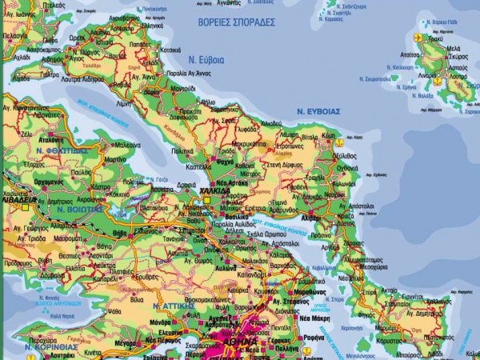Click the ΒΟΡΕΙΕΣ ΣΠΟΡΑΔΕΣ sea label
236,22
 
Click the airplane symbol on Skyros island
416,38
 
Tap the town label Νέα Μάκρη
314,318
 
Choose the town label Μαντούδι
183,89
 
